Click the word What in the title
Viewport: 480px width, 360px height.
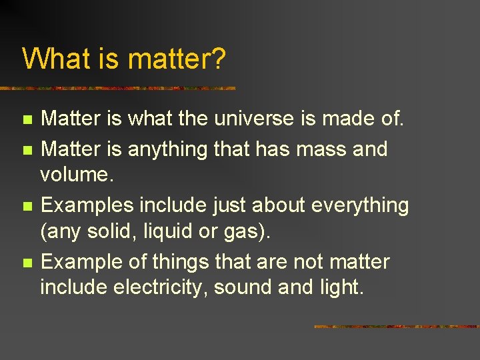(x=55, y=58)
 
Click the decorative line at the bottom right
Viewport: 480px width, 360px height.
(x=396, y=327)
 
